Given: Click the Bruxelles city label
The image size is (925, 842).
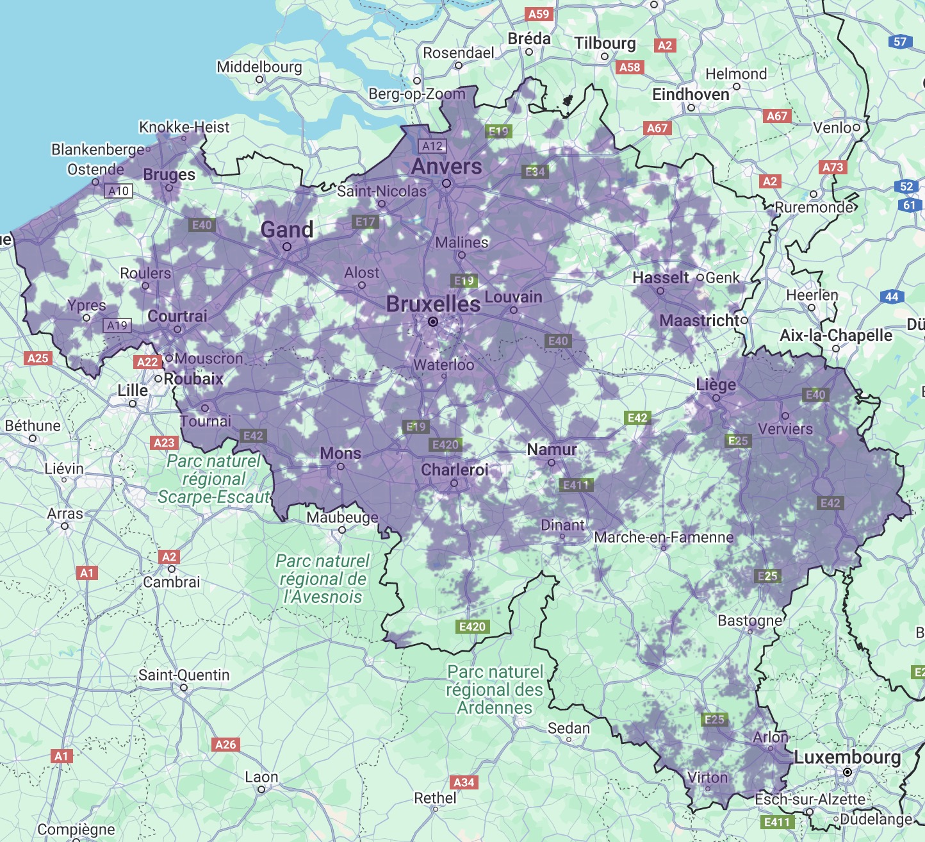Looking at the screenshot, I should (x=433, y=304).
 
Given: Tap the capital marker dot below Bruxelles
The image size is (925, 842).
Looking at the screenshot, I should (x=433, y=322).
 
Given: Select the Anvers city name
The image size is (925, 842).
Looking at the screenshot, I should (x=446, y=167).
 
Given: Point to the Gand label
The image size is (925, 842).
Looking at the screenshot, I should (x=287, y=229).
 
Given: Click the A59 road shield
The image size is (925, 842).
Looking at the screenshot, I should (x=538, y=13).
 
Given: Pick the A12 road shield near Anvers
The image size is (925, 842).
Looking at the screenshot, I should (x=432, y=146).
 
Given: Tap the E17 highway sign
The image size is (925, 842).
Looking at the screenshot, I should (x=365, y=222).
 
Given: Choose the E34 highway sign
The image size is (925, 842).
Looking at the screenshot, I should (x=535, y=172).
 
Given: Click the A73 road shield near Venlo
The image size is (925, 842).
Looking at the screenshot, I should (x=833, y=167).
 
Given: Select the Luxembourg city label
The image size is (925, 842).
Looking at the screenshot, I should (x=847, y=757).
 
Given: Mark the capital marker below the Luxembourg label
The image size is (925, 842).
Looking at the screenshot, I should (x=847, y=773).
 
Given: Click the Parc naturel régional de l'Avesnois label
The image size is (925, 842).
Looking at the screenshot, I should (x=323, y=579).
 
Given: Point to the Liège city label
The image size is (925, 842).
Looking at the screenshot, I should (x=716, y=385).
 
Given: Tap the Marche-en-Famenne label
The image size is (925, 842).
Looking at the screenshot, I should (x=664, y=537).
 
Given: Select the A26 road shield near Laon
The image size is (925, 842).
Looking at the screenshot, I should (x=225, y=745).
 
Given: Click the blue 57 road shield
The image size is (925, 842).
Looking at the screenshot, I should (x=900, y=42).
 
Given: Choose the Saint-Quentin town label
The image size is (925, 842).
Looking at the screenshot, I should (x=184, y=675).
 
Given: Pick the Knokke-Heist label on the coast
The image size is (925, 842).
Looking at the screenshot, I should (x=184, y=127).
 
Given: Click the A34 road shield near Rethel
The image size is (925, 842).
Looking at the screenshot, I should (x=464, y=782).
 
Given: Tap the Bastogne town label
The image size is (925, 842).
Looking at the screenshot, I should (x=749, y=620).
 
